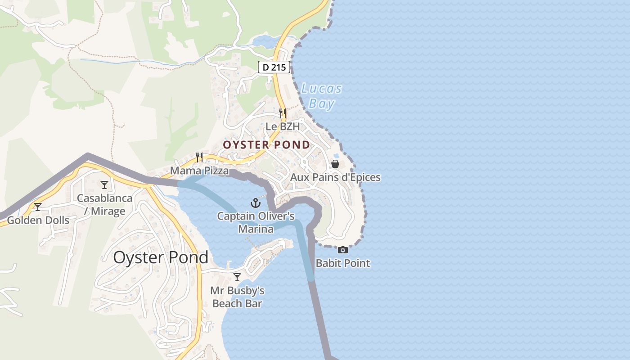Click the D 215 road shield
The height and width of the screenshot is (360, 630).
tap(274, 67)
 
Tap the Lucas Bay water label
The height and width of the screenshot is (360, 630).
tap(321, 96)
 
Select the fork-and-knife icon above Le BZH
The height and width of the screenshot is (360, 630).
tap(282, 112)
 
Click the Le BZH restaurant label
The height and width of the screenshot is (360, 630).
tap(282, 126)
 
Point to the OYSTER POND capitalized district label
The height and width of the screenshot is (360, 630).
tap(266, 145)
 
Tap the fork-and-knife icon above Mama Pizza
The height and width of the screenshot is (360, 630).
tap(199, 157)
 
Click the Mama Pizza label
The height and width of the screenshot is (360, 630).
tap(199, 171)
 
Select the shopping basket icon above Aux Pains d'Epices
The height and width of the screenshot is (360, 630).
tap(335, 163)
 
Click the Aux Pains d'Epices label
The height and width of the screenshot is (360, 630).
tap(335, 177)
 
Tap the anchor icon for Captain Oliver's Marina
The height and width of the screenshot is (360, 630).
tap(256, 203)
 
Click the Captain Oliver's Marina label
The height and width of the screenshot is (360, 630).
tap(256, 222)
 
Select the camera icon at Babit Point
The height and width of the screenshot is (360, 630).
tap(343, 250)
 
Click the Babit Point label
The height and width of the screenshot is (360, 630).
tap(343, 263)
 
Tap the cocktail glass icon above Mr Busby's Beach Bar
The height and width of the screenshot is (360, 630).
tap(237, 277)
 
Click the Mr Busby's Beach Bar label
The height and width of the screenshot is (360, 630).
tap(237, 297)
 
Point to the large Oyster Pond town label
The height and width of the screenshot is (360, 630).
tap(161, 257)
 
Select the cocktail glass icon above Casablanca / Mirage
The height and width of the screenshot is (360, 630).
tap(104, 184)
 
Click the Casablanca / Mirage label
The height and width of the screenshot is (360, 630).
tap(104, 205)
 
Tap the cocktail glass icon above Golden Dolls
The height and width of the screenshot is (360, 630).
tap(38, 207)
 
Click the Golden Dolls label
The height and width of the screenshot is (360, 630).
tap(38, 220)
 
